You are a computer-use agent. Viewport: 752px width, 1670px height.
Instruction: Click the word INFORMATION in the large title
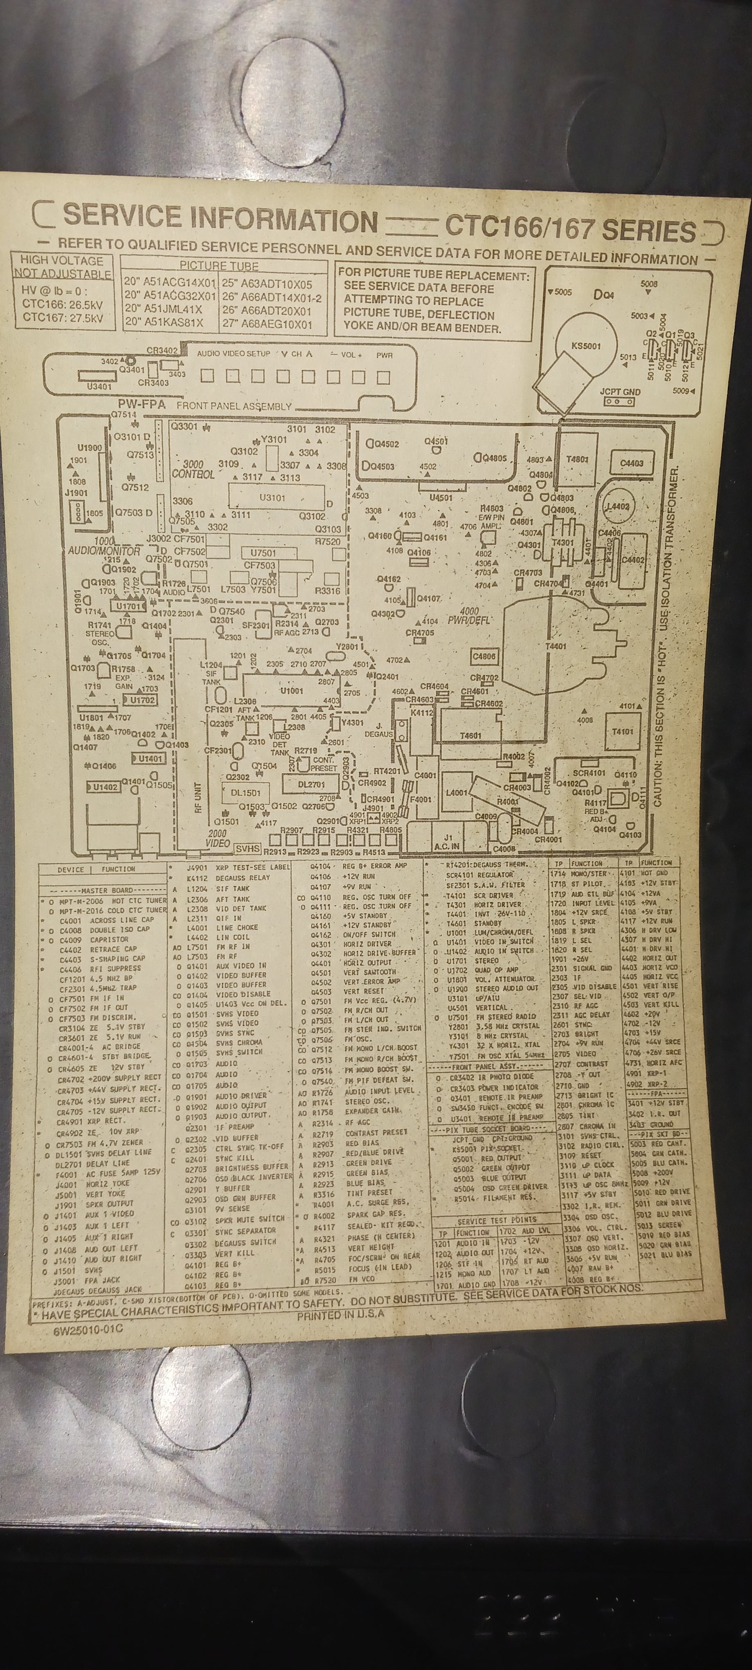tap(283, 221)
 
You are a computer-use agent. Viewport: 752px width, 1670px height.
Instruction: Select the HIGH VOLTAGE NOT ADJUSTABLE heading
tap(62, 266)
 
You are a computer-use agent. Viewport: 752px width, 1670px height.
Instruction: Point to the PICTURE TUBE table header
tap(219, 266)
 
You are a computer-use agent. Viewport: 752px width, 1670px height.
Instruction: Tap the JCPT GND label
tap(620, 392)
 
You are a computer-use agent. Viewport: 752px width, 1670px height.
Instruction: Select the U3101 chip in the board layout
tap(272, 498)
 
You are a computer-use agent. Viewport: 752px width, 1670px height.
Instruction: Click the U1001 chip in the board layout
tap(292, 691)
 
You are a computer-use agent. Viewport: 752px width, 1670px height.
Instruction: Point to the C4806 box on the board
tap(484, 656)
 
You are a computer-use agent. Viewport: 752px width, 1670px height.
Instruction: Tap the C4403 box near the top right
tap(631, 463)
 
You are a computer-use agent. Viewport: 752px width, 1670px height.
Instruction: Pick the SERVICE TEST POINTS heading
tap(496, 1220)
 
